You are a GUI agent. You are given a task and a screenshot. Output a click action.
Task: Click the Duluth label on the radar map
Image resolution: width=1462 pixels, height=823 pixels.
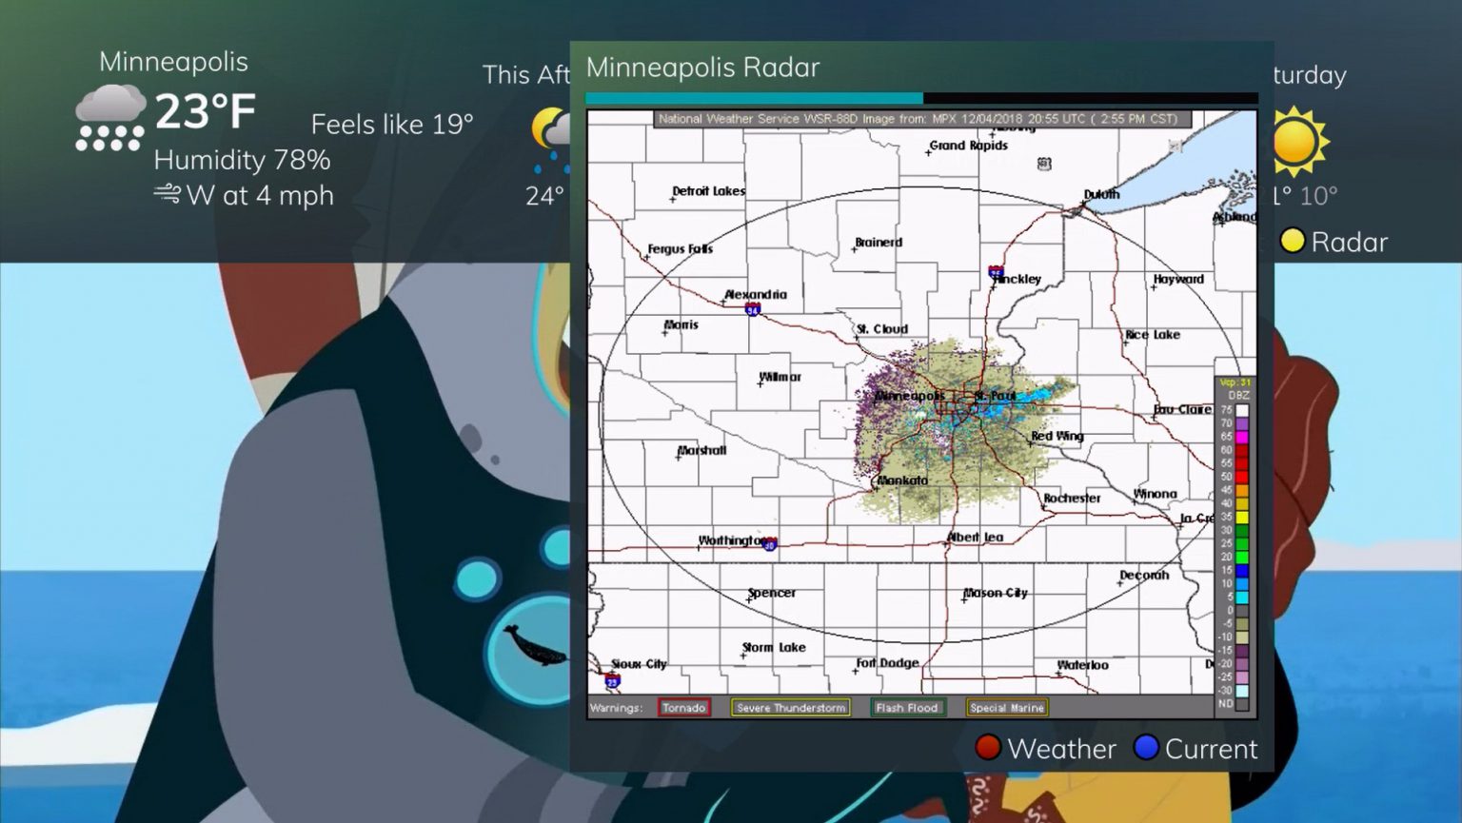coord(1101,194)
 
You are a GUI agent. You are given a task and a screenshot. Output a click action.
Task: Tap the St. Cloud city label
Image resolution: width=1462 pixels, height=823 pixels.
coord(882,329)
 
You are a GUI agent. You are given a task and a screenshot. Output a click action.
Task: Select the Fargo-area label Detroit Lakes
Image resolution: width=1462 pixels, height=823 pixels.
coord(708,191)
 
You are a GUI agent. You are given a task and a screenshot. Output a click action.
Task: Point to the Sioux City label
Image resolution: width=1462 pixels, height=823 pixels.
coord(639,664)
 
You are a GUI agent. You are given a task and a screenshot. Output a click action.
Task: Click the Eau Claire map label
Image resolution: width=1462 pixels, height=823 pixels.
coord(1182,409)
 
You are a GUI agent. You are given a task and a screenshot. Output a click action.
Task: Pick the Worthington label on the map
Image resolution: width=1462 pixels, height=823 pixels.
coord(733,540)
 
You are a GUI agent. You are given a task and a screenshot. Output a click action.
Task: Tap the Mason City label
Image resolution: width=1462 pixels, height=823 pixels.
coord(996,593)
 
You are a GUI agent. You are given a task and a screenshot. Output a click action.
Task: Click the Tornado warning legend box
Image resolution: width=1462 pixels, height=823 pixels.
coord(683,708)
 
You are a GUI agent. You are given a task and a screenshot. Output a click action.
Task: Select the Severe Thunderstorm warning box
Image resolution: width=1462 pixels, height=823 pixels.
coord(791,708)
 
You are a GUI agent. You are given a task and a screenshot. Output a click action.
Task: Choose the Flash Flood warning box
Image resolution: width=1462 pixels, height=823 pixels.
coord(907,708)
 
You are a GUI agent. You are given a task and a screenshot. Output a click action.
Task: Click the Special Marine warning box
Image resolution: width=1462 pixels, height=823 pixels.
coord(1007,708)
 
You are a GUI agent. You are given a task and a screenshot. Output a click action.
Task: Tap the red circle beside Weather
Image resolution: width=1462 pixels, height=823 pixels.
coord(988,748)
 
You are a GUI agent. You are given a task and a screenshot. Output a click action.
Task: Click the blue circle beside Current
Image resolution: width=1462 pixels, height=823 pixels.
coord(1146,748)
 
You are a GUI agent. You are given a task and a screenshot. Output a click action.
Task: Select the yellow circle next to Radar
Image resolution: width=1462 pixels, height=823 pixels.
coord(1292,241)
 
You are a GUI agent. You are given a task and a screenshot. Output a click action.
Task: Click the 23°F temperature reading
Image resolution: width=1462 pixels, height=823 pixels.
coord(206,111)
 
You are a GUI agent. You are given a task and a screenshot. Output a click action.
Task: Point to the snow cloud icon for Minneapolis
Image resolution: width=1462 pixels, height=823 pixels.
coord(110,117)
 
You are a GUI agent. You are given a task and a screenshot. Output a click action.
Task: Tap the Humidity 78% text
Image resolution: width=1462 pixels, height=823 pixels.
coord(242,160)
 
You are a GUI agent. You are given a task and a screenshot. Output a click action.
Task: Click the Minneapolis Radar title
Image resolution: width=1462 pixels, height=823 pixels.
coord(702,68)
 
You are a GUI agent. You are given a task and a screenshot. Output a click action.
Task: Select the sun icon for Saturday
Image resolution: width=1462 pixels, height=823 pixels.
coord(1294,142)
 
